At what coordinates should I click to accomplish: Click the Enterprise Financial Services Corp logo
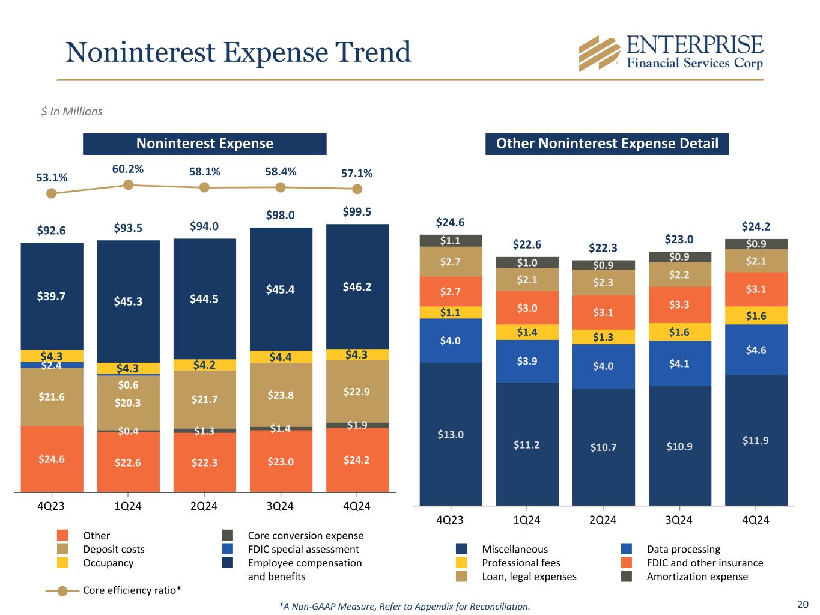pyautogui.click(x=670, y=53)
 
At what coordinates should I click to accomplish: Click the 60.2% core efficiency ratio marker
pyautogui.click(x=128, y=185)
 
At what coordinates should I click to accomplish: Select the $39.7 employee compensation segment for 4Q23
pyautogui.click(x=52, y=296)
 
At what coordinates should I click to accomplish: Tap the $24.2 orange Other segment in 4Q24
pyautogui.click(x=357, y=460)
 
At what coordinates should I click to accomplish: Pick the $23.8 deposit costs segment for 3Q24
pyautogui.click(x=281, y=395)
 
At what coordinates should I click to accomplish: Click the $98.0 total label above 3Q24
pyautogui.click(x=281, y=215)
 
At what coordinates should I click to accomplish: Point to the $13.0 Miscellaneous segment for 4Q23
pyautogui.click(x=451, y=434)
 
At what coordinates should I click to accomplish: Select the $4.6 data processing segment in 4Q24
pyautogui.click(x=756, y=350)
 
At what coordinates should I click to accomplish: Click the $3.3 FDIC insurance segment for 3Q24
pyautogui.click(x=679, y=304)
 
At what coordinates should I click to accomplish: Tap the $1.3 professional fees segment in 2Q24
pyautogui.click(x=603, y=337)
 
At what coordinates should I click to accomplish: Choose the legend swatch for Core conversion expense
pyautogui.click(x=227, y=535)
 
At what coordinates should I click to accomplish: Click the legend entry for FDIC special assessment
pyautogui.click(x=303, y=549)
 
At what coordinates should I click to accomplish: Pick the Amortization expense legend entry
pyautogui.click(x=697, y=577)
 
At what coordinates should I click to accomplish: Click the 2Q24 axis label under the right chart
pyautogui.click(x=603, y=520)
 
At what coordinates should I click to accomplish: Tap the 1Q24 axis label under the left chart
pyautogui.click(x=128, y=506)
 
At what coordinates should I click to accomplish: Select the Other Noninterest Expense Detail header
pyautogui.click(x=607, y=144)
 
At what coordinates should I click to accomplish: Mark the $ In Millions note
pyautogui.click(x=71, y=111)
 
